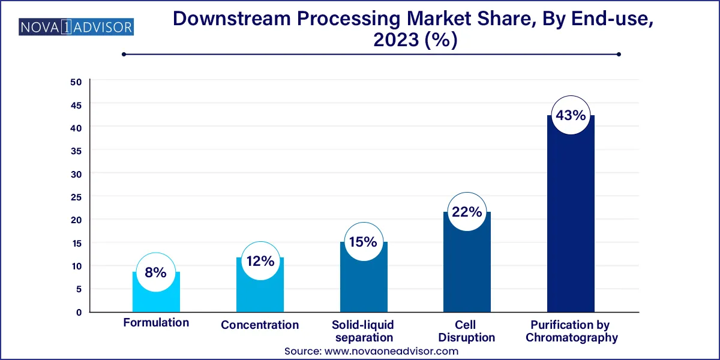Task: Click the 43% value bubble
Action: pyautogui.click(x=571, y=115)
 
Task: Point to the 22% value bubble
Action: pyautogui.click(x=467, y=212)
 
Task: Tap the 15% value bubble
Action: pyautogui.click(x=363, y=242)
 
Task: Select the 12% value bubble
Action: pyautogui.click(x=260, y=261)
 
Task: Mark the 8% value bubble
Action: pyautogui.click(x=156, y=272)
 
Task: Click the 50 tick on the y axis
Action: pyautogui.click(x=76, y=82)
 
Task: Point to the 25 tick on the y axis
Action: pyautogui.click(x=76, y=197)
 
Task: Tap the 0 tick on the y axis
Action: pyautogui.click(x=79, y=312)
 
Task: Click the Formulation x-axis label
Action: pyautogui.click(x=156, y=323)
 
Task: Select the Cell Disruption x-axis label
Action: pyautogui.click(x=467, y=331)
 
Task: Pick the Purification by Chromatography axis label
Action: pyautogui.click(x=571, y=331)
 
